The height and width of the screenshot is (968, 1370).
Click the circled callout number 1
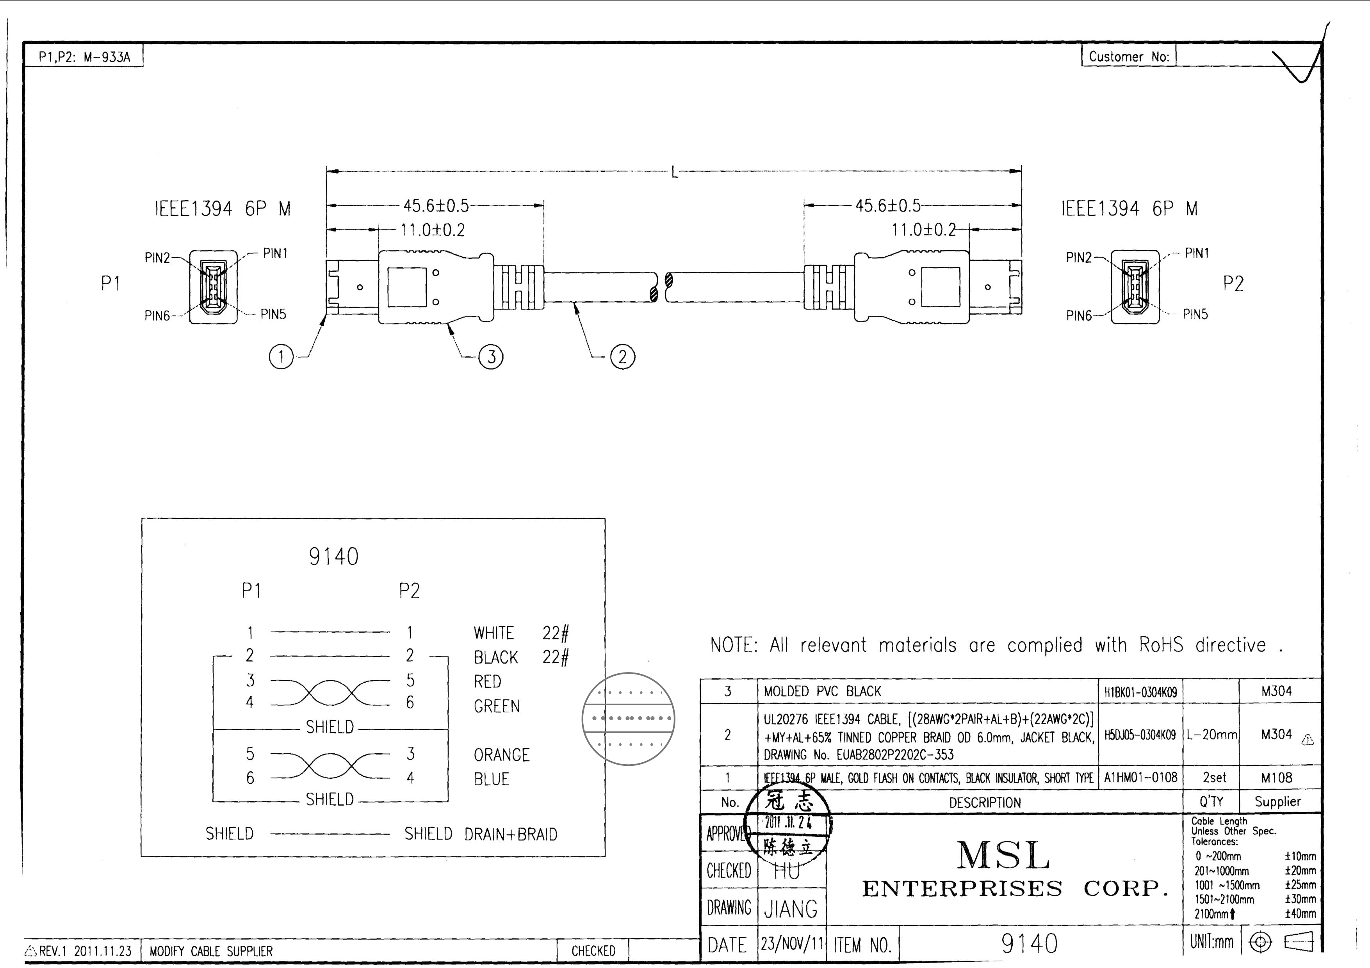pos(281,357)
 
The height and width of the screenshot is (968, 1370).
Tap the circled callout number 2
pos(622,357)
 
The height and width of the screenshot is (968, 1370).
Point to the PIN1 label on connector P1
pos(275,253)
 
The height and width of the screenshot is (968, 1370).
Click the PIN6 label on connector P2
pos(1078,315)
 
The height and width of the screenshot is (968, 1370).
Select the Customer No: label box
pos(1128,57)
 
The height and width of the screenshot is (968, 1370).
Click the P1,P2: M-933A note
pos(84,57)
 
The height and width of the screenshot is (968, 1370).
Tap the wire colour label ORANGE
pos(501,755)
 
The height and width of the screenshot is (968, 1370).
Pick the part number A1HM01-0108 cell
pos(1140,778)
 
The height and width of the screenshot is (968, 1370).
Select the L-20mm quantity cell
pos(1211,735)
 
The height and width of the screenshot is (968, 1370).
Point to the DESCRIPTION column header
pos(985,803)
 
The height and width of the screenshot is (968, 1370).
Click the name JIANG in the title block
pos(791,909)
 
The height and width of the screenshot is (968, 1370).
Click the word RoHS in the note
pos(1161,645)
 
